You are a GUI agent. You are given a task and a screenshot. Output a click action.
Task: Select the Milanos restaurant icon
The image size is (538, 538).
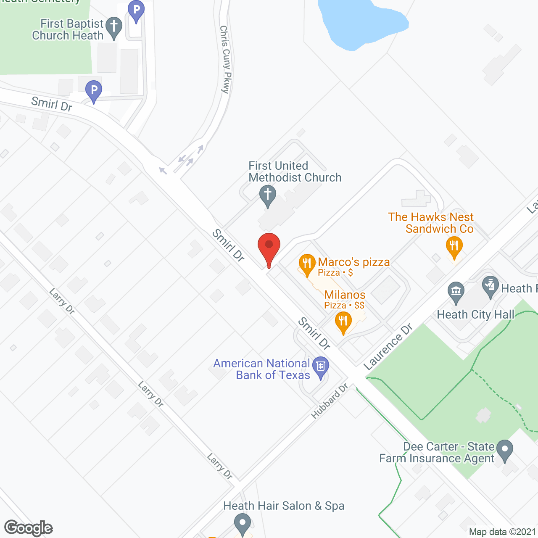coord(343,322)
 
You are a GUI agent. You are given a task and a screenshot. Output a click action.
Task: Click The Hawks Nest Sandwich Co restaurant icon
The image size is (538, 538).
coord(454,245)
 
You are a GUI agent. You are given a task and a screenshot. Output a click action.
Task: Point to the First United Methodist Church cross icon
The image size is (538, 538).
coord(268,195)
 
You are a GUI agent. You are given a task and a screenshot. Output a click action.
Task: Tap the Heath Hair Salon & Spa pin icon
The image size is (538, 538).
coord(242,524)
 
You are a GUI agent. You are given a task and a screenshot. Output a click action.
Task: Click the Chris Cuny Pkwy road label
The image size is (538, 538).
coord(226,59)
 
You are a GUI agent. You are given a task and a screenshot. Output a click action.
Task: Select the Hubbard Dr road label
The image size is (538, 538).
coord(330,401)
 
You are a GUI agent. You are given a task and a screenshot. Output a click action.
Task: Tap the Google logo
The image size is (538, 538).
coord(29,527)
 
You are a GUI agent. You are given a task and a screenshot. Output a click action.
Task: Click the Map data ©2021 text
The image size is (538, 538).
coord(503,532)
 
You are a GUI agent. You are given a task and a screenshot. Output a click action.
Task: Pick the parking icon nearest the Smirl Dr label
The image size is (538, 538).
coord(94,90)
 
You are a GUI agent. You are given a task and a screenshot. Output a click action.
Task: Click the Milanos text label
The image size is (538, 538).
coord(345,295)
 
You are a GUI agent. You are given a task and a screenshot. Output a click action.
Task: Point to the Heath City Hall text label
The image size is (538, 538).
coord(475,314)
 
